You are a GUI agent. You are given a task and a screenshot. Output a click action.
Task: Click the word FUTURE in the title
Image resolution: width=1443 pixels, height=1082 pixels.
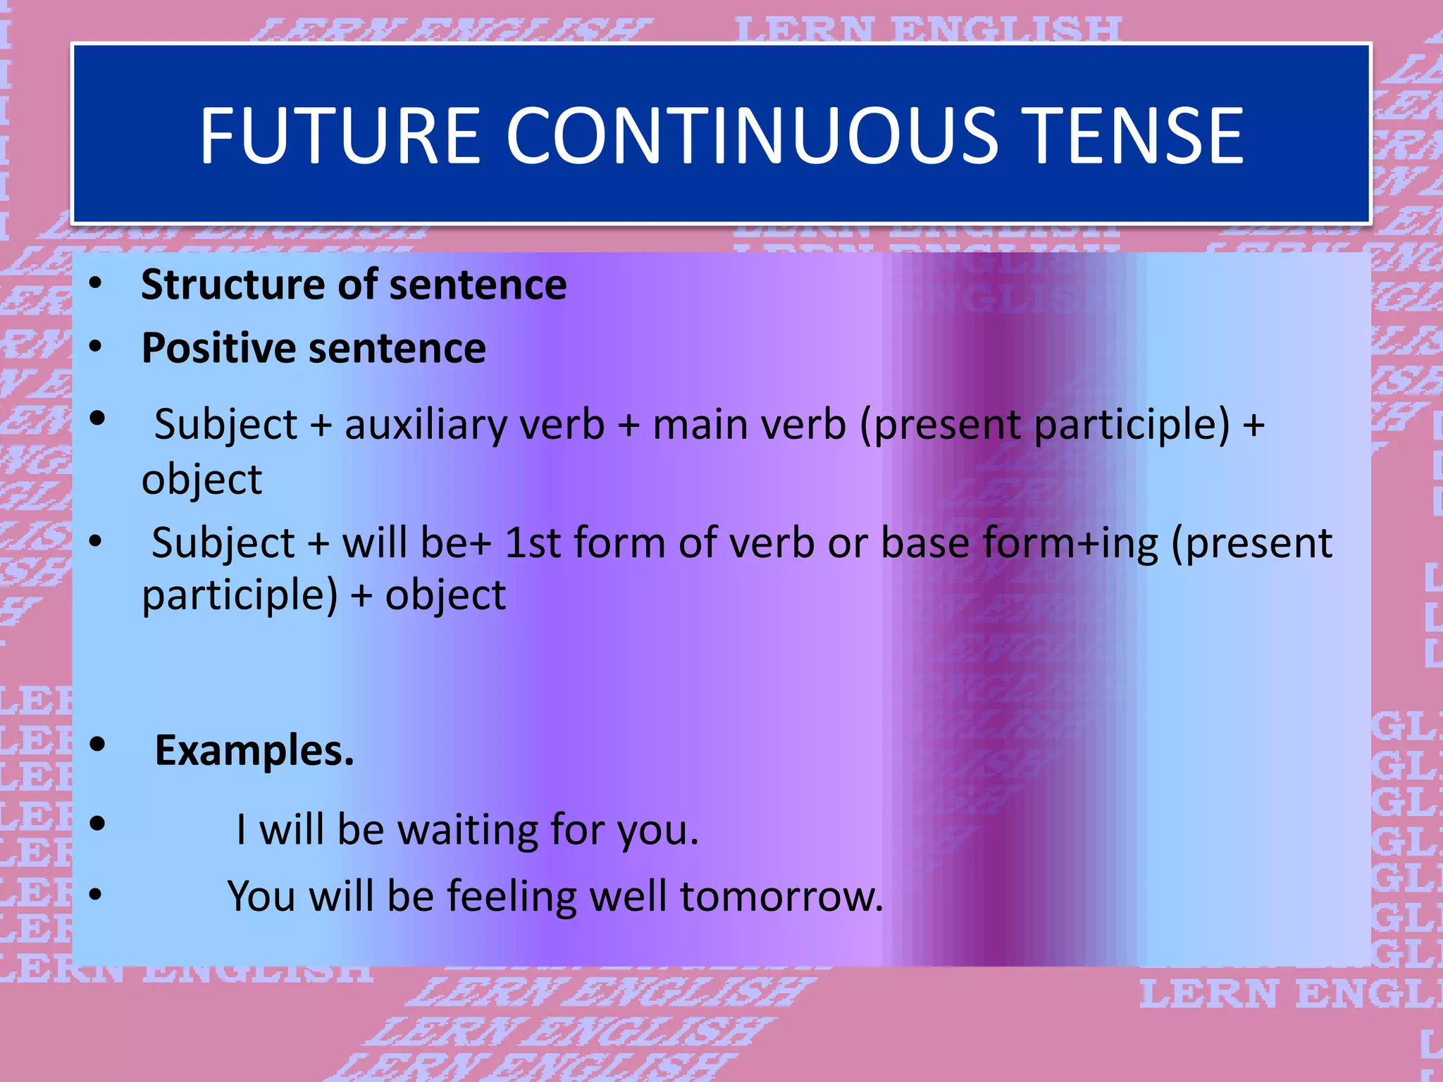point(340,135)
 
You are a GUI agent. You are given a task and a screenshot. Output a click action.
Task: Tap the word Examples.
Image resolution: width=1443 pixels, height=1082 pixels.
point(254,750)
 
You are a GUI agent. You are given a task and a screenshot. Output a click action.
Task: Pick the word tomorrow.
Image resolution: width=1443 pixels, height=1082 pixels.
point(781,896)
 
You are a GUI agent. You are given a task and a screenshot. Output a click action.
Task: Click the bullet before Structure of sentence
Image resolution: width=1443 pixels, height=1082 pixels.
point(97,285)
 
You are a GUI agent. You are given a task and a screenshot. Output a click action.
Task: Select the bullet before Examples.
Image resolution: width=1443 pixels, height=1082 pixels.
point(98,745)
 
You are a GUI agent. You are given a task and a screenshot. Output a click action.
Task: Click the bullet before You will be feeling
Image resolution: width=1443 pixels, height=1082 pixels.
point(97,895)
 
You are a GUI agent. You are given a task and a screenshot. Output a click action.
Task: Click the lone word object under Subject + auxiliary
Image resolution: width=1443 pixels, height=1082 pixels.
point(202,480)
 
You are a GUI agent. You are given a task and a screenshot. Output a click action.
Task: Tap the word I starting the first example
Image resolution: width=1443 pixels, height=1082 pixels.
point(241,829)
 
